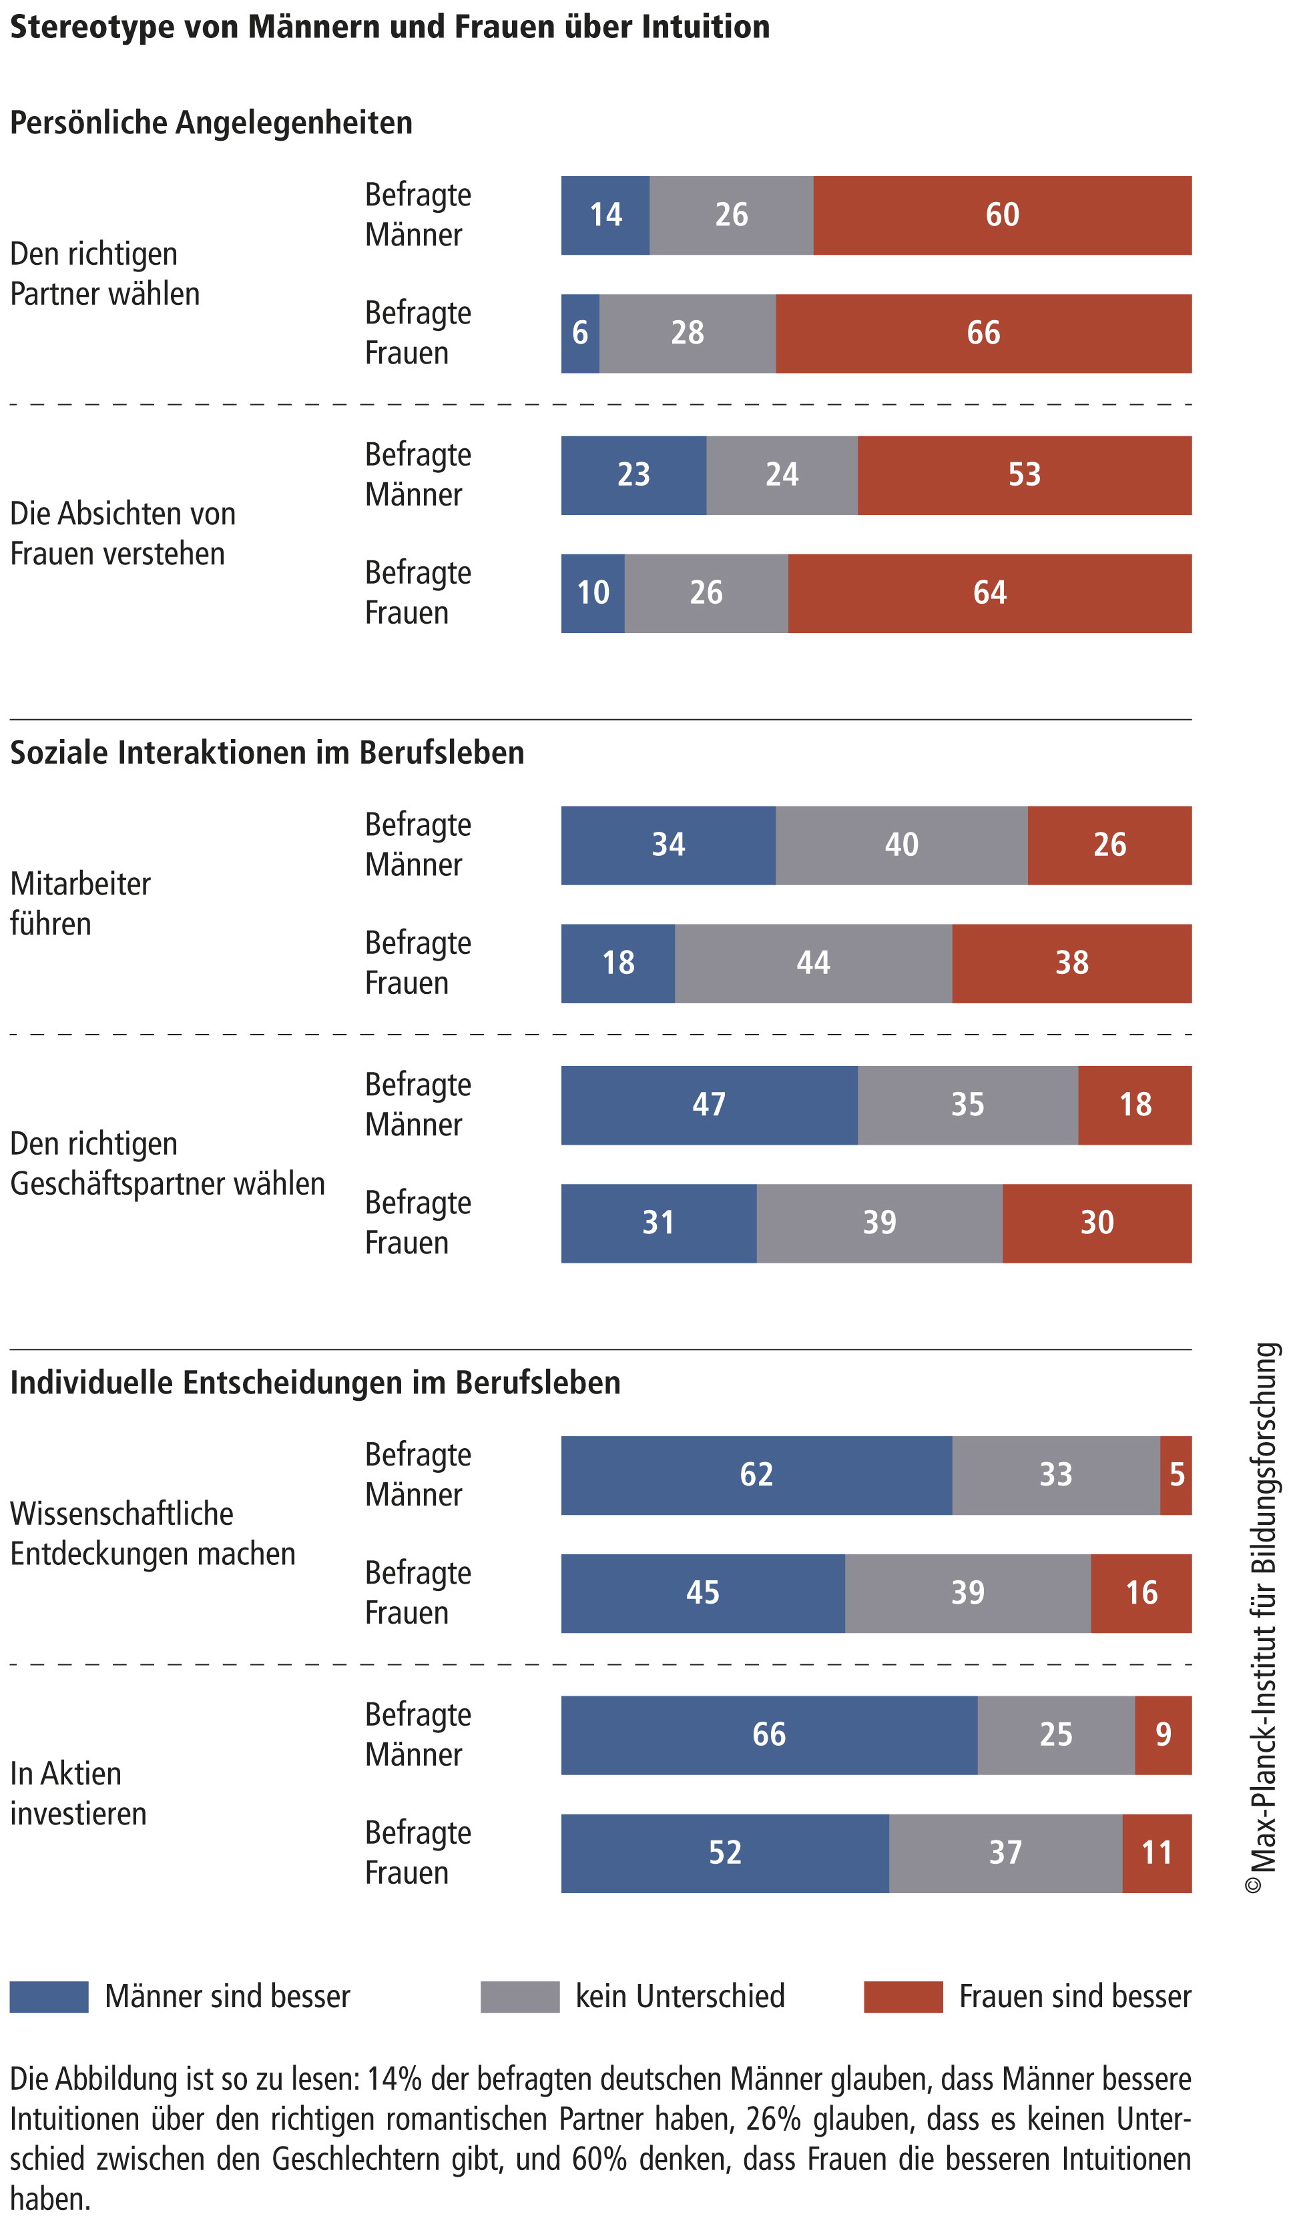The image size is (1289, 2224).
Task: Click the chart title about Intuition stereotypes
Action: click(389, 27)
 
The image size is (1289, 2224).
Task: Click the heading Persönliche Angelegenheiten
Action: click(211, 123)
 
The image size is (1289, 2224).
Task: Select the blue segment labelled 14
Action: click(605, 215)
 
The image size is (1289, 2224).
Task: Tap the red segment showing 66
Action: click(983, 334)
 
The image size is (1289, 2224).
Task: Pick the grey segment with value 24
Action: click(782, 475)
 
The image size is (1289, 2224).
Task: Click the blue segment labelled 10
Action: click(592, 593)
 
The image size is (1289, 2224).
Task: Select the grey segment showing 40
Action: click(900, 845)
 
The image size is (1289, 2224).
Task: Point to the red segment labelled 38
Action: click(1071, 963)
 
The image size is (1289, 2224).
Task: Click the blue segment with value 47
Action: click(708, 1105)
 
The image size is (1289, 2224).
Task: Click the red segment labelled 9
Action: click(1162, 1735)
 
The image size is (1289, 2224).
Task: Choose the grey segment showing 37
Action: click(1004, 1852)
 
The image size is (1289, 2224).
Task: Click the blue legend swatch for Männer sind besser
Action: click(49, 1997)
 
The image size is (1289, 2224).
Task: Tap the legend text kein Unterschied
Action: click(679, 1997)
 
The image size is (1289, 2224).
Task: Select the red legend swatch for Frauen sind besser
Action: click(903, 1997)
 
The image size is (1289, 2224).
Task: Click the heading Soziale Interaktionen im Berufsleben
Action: click(266, 753)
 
